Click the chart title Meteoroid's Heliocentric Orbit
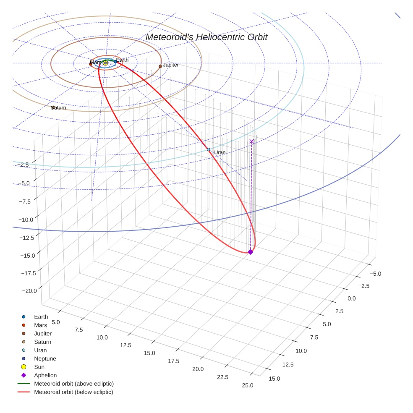pyautogui.click(x=206, y=37)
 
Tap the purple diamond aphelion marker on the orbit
pyautogui.click(x=251, y=252)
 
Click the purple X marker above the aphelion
pyautogui.click(x=251, y=141)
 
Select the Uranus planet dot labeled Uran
pyautogui.click(x=209, y=149)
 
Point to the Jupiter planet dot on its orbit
pyautogui.click(x=160, y=66)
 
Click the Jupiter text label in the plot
pyautogui.click(x=171, y=65)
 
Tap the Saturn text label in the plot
pyautogui.click(x=59, y=108)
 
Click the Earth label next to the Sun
pyautogui.click(x=122, y=60)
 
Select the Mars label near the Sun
pyautogui.click(x=95, y=63)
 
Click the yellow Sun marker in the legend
pyautogui.click(x=24, y=367)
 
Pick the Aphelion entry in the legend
pyautogui.click(x=45, y=375)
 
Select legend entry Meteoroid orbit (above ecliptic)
pyautogui.click(x=74, y=384)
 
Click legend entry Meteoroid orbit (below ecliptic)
pyautogui.click(x=73, y=392)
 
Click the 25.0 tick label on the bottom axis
pyautogui.click(x=248, y=385)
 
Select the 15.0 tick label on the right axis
pyautogui.click(x=274, y=379)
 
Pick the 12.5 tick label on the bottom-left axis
pyautogui.click(x=125, y=345)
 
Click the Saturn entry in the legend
pyautogui.click(x=42, y=342)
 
